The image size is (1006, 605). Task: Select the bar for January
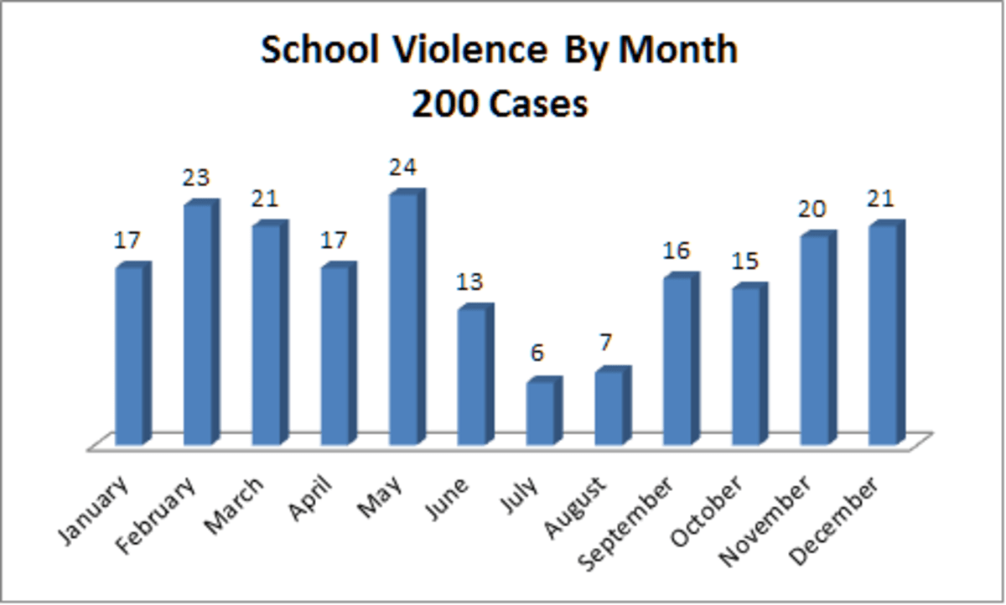tap(130, 356)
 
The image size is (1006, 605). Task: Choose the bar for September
tap(678, 361)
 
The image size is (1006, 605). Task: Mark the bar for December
tap(884, 335)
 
